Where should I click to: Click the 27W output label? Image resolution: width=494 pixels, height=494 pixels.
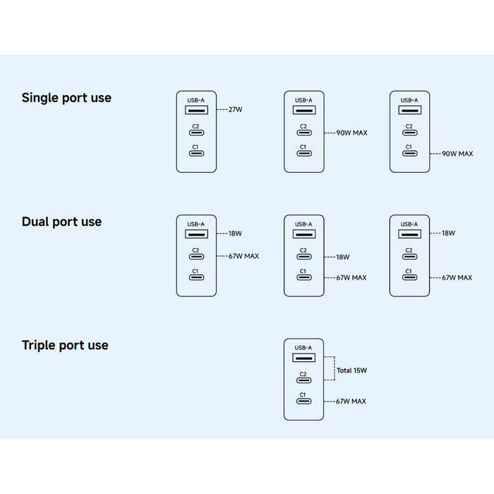click(x=236, y=110)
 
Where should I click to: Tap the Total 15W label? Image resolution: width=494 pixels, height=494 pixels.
click(x=351, y=370)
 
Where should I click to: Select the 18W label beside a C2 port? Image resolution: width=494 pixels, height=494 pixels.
click(x=342, y=258)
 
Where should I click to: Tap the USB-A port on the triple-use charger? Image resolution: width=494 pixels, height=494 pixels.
click(x=303, y=358)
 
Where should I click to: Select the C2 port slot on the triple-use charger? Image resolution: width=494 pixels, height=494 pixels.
click(x=303, y=382)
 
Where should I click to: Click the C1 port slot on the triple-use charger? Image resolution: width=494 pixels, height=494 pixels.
click(x=303, y=402)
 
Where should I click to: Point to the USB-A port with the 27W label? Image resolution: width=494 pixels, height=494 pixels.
click(x=195, y=110)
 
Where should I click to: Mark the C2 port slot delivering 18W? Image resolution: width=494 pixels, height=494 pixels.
click(x=303, y=258)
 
